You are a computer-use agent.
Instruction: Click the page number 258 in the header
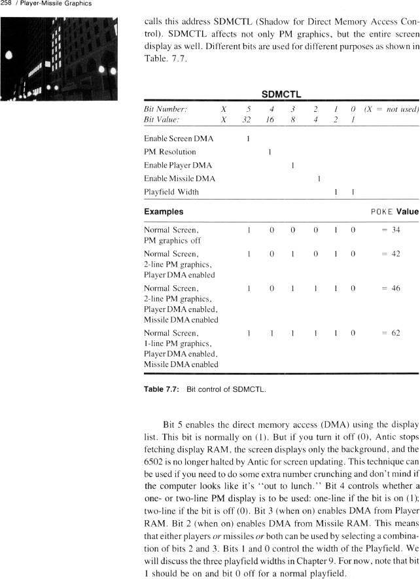coord(7,4)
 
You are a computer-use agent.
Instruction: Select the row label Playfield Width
coord(171,192)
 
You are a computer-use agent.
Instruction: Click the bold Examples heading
coord(164,212)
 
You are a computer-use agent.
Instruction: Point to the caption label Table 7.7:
coord(162,389)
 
